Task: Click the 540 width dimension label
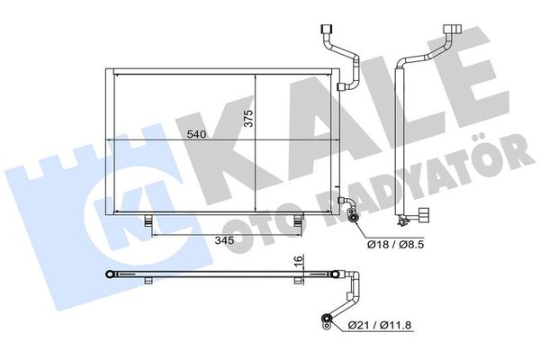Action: pyautogui.click(x=196, y=134)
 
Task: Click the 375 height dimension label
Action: pyautogui.click(x=248, y=118)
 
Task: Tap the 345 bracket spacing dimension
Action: pyautogui.click(x=224, y=240)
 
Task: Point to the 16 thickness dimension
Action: pyautogui.click(x=299, y=260)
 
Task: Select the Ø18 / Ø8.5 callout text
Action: pyautogui.click(x=396, y=245)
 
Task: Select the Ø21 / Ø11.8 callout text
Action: pyautogui.click(x=380, y=325)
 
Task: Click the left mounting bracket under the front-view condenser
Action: pyautogui.click(x=148, y=220)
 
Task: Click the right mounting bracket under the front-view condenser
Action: pyautogui.click(x=298, y=220)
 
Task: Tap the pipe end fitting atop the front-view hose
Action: pyautogui.click(x=326, y=28)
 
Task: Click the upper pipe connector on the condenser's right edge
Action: pyautogui.click(x=341, y=86)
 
